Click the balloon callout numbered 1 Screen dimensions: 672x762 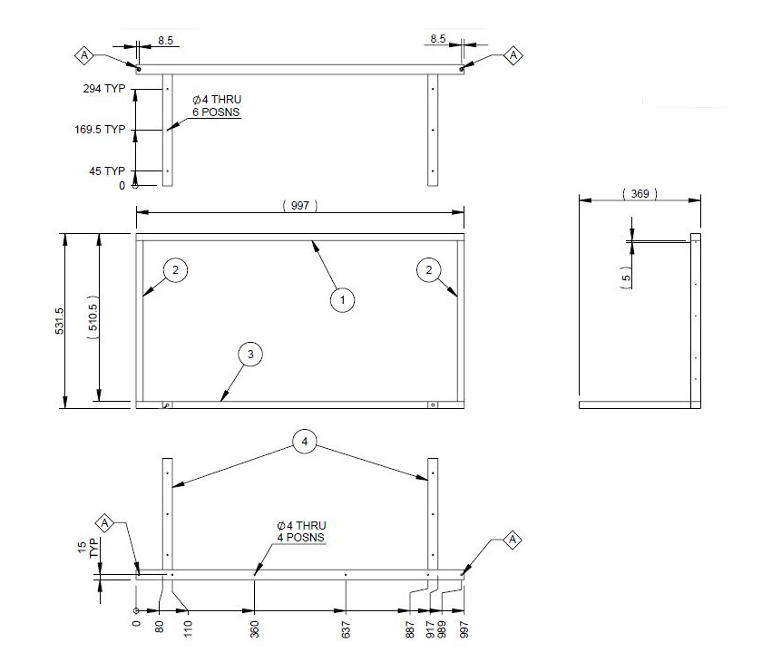(x=342, y=299)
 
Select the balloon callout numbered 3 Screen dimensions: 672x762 (x=251, y=355)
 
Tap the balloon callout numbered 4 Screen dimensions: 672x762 (x=306, y=442)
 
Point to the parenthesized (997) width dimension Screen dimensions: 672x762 (x=300, y=206)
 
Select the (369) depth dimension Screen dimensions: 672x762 (x=640, y=194)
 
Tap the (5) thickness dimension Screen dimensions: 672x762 (x=626, y=278)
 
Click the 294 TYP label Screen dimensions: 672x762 (x=102, y=90)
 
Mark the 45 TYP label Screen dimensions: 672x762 (x=106, y=170)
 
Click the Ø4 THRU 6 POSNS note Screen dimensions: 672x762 (x=216, y=105)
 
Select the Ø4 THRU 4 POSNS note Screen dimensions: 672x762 (x=301, y=531)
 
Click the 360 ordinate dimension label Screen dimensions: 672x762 (x=255, y=628)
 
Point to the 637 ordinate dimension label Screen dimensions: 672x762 (x=347, y=628)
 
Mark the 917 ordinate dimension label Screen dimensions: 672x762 (x=427, y=628)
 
